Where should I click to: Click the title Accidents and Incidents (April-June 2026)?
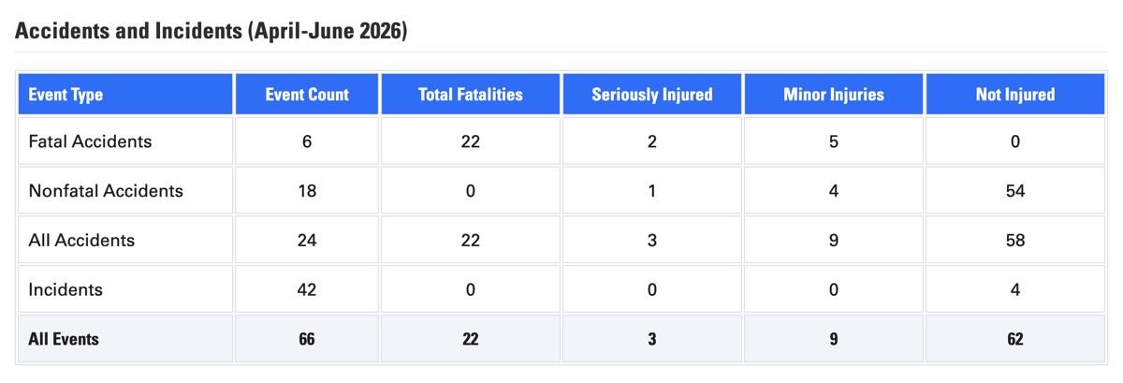(x=211, y=31)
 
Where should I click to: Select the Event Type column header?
(x=66, y=95)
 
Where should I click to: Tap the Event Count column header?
(x=307, y=95)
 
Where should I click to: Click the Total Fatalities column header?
(x=470, y=95)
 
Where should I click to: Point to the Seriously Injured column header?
(x=651, y=95)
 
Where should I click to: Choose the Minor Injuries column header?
(x=834, y=95)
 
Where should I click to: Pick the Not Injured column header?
(x=1015, y=95)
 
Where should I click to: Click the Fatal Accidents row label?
(x=90, y=141)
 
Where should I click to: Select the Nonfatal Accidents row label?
(x=106, y=191)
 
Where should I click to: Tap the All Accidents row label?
(x=81, y=240)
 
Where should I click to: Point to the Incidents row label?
(x=66, y=289)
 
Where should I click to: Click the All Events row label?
(x=64, y=339)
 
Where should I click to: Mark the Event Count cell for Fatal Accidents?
(x=307, y=141)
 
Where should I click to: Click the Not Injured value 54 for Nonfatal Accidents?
(x=1015, y=191)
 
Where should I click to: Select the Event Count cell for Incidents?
(x=307, y=289)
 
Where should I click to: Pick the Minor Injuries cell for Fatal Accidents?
(x=834, y=141)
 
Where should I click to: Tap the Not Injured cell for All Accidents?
(x=1015, y=240)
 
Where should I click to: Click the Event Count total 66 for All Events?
(x=307, y=339)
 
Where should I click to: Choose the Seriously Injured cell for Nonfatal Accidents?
(x=651, y=191)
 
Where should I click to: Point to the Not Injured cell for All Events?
(x=1015, y=339)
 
